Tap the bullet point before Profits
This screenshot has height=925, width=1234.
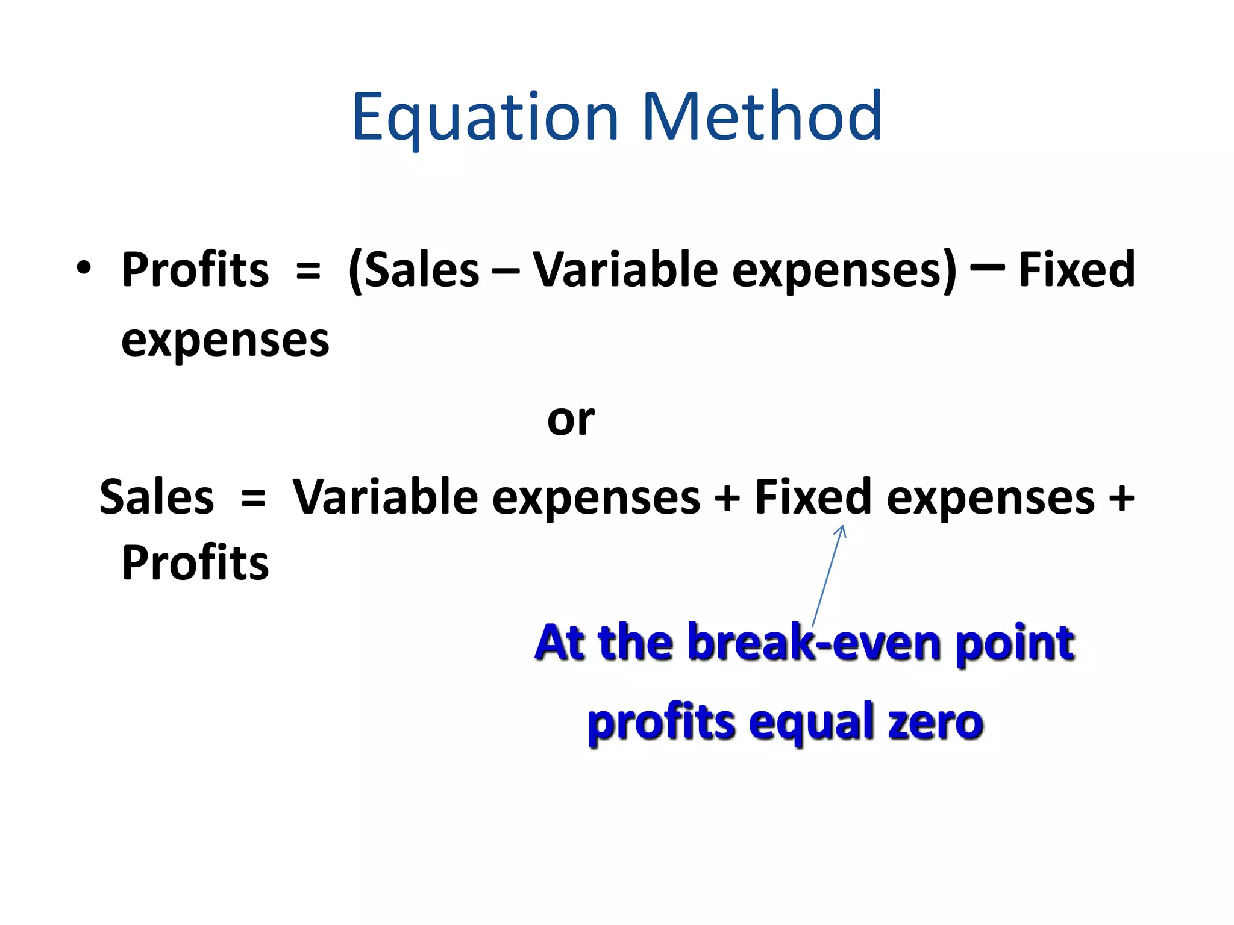(x=84, y=267)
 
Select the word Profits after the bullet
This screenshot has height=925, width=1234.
(x=195, y=269)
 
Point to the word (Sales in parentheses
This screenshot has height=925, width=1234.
(x=414, y=269)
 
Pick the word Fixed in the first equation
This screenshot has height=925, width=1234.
(x=1076, y=269)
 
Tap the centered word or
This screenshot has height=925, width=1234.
(x=570, y=420)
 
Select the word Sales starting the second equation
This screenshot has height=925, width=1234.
(x=157, y=497)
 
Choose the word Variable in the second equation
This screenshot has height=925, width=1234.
(x=386, y=497)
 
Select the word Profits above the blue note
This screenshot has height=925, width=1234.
(x=195, y=562)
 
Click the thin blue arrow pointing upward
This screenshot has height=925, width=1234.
(x=828, y=575)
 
